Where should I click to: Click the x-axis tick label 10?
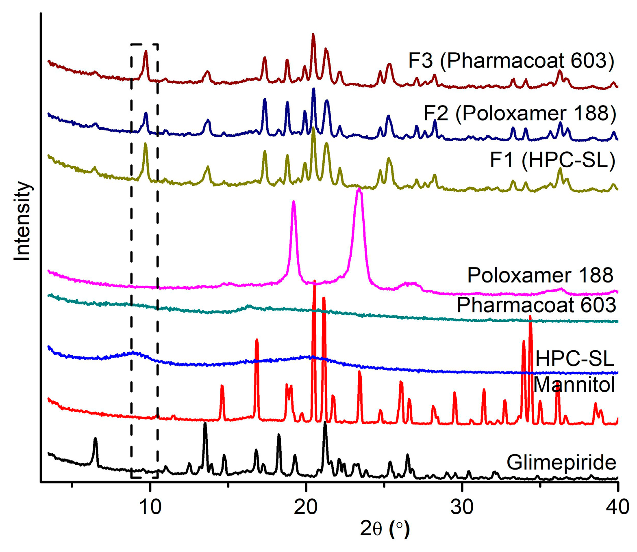(x=150, y=507)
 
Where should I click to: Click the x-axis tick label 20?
(x=306, y=507)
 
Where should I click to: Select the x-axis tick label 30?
(x=462, y=507)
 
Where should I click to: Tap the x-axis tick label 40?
(x=617, y=507)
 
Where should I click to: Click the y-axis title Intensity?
(x=22, y=221)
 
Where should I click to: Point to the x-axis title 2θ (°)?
(x=385, y=529)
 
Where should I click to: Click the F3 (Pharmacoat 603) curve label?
(x=511, y=61)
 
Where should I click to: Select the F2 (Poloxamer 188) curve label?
(x=520, y=113)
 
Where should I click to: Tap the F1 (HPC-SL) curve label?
(x=552, y=160)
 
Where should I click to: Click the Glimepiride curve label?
(x=561, y=462)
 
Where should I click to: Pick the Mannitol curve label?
(x=574, y=384)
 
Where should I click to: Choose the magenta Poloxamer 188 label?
(x=540, y=275)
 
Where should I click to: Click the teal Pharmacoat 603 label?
(x=536, y=305)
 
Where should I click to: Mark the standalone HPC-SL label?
(x=574, y=359)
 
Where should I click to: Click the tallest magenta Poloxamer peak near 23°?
(x=359, y=190)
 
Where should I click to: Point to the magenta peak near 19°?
(x=293, y=202)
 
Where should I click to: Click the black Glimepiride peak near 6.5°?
(x=95, y=439)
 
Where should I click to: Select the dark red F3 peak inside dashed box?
(x=146, y=52)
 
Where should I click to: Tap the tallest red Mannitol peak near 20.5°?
(x=314, y=282)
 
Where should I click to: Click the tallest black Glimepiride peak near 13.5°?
(x=205, y=424)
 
